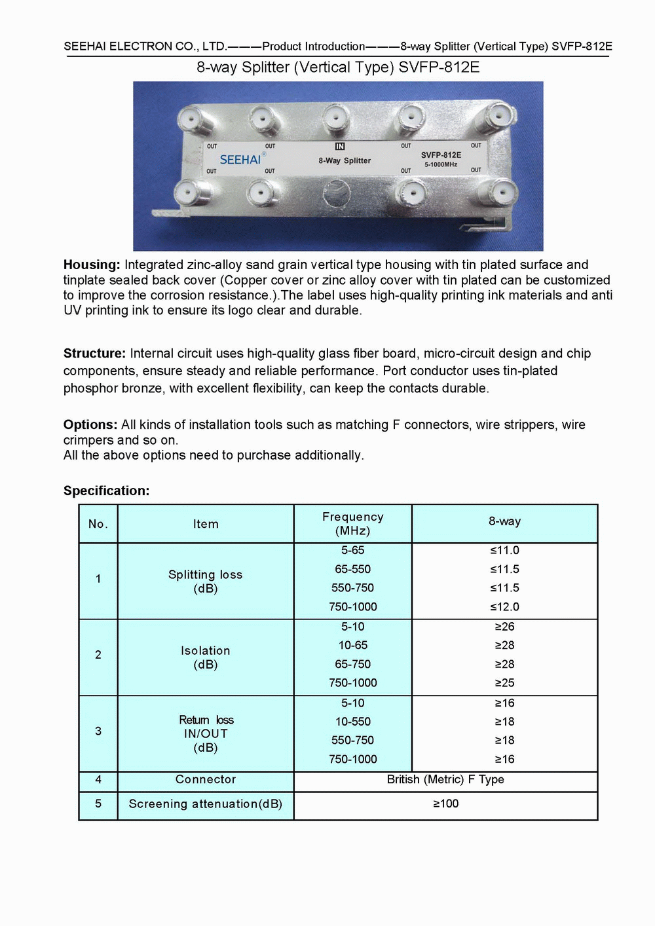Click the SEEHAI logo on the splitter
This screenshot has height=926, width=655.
[240, 159]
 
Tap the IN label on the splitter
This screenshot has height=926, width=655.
[340, 147]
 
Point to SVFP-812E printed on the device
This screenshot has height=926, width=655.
[441, 155]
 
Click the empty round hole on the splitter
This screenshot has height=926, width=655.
[337, 194]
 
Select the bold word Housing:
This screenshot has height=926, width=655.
[92, 265]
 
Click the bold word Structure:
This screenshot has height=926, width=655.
[94, 354]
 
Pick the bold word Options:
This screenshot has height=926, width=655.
[90, 424]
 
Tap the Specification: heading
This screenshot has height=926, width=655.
[106, 491]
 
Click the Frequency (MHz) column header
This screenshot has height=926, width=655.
[352, 523]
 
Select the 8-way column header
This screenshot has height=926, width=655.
[504, 521]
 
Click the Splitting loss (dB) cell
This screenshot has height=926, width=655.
[205, 581]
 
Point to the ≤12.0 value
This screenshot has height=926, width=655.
[504, 606]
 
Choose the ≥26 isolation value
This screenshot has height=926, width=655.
[504, 627]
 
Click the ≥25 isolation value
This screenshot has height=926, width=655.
[504, 682]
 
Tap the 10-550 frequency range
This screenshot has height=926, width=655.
[352, 721]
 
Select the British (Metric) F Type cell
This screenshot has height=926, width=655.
[445, 779]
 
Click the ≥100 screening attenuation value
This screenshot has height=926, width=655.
[445, 804]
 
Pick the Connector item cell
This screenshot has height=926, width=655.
[205, 779]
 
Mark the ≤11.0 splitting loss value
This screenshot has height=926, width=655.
[504, 550]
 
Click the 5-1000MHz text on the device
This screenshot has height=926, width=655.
[441, 164]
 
